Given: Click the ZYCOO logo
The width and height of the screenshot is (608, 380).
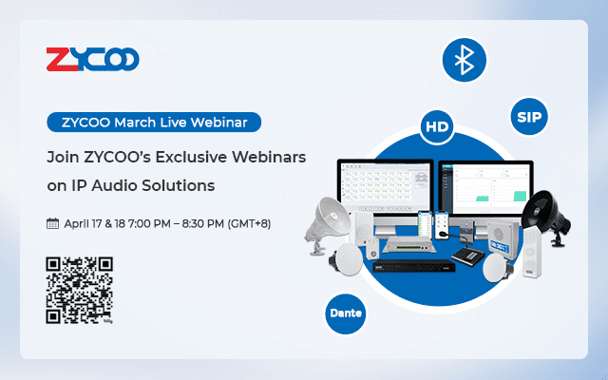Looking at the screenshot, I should click(93, 61).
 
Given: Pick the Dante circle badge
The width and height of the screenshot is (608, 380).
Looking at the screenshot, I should click(346, 313).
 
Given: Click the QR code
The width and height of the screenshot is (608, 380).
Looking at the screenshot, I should click(80, 290).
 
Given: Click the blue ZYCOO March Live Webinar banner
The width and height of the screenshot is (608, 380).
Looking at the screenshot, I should click(154, 122).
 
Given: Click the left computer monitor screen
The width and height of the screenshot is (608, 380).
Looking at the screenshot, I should click(380, 189).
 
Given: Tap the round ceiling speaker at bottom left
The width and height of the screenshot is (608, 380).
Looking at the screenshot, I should click(349, 270).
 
